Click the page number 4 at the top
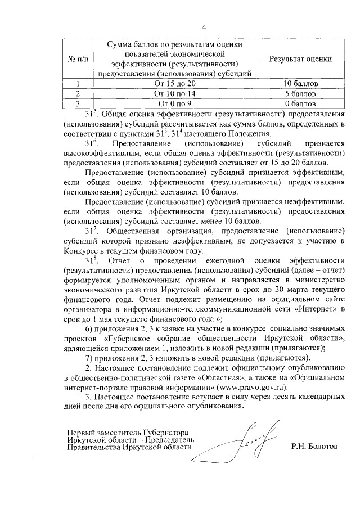pyautogui.click(x=204, y=27)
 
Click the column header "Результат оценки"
pyautogui.click(x=300, y=58)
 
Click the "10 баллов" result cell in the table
pyautogui.click(x=300, y=84)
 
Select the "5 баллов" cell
pyautogui.click(x=300, y=94)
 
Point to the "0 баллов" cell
pyautogui.click(x=300, y=103)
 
